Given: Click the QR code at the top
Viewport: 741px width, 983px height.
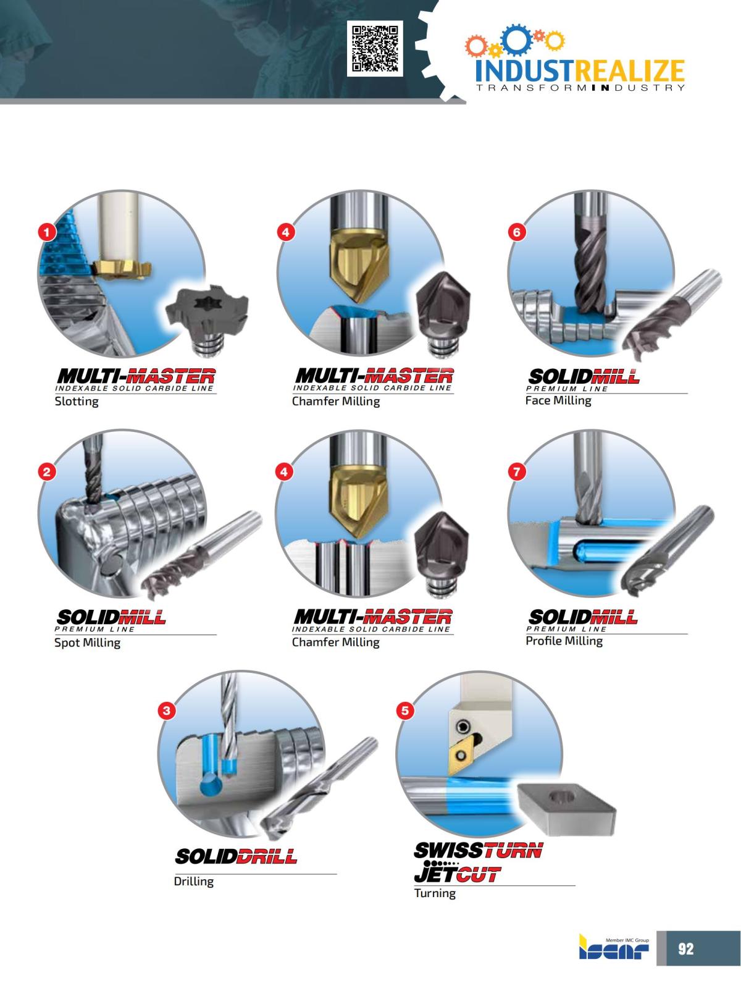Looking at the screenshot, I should [375, 48].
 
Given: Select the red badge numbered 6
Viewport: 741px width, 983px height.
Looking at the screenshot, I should [517, 232].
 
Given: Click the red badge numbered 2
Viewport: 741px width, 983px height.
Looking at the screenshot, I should [47, 472].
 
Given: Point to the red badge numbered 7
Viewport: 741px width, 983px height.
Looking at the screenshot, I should [517, 472].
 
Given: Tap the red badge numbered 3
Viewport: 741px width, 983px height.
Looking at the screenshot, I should [166, 711].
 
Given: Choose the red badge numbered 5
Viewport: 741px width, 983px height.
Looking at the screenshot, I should [404, 711].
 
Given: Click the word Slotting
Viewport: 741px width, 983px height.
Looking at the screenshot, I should [77, 402].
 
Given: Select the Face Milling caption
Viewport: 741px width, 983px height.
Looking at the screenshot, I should [558, 400].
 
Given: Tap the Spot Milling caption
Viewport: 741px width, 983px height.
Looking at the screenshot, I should [87, 643].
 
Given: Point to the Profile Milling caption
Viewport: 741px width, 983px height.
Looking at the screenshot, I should [564, 641].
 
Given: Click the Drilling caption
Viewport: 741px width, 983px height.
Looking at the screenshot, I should [193, 882].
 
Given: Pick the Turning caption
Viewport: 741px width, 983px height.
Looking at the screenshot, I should [435, 893].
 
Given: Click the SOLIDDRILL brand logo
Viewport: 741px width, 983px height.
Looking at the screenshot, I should [236, 856].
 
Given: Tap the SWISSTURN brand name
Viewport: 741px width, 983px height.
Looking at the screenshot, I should [478, 851].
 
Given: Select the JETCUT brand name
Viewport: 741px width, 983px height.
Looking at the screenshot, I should [457, 875].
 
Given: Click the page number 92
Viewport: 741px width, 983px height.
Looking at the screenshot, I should [686, 948].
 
